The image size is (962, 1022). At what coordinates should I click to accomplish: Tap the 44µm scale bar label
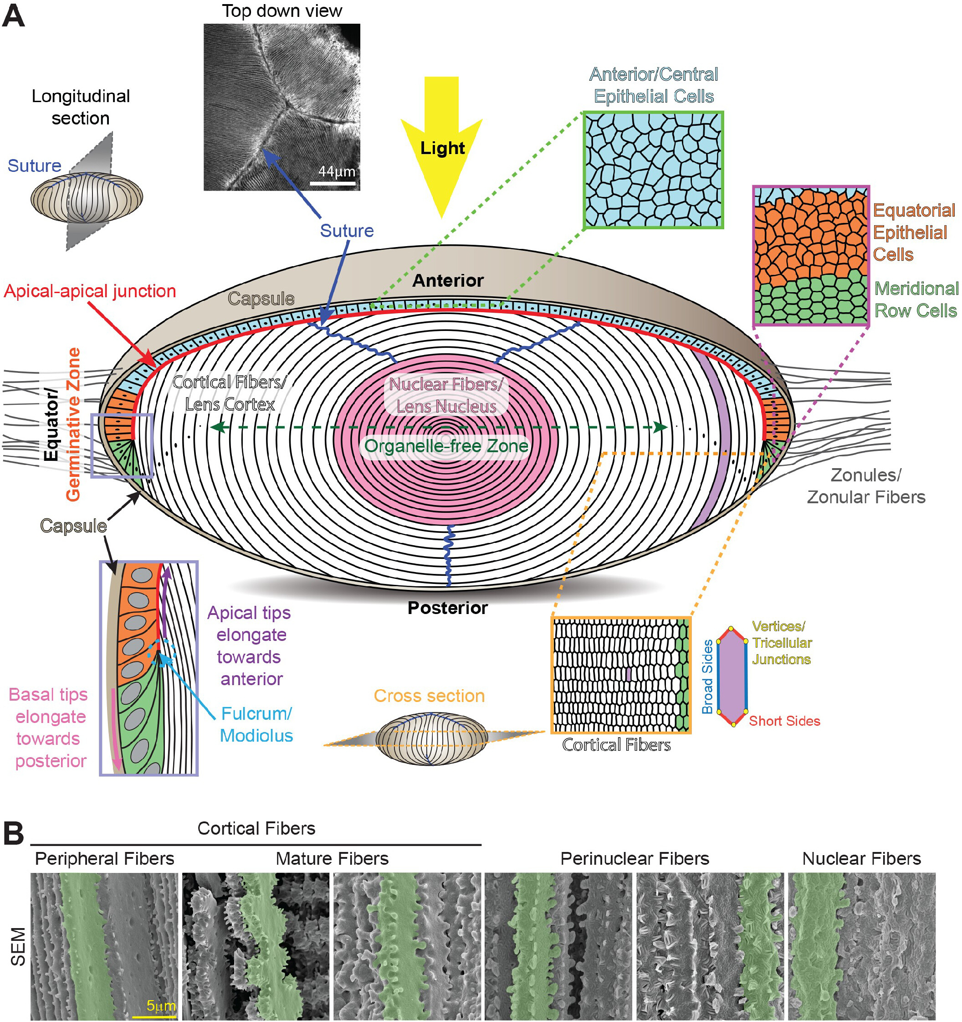pos(337,171)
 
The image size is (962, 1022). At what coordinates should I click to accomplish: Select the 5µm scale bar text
pos(161,1005)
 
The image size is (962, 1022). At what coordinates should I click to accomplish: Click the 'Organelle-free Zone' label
pos(446,446)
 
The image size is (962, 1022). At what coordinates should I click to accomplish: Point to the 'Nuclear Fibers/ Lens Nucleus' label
pos(446,395)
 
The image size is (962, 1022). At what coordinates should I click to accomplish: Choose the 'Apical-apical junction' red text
pos(90,291)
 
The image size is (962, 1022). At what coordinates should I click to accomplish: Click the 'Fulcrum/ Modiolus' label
pos(256,724)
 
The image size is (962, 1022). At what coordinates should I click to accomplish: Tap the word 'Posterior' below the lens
pos(447,608)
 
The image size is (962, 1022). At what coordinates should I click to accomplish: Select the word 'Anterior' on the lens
pos(448,280)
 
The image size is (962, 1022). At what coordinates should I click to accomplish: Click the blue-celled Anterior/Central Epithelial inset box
pos(653,170)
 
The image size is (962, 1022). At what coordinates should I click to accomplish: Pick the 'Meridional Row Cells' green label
pos(916,299)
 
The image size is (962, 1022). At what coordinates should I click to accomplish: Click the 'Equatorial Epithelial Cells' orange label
pos(914,232)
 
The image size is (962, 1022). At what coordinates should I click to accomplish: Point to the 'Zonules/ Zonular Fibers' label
pos(866,486)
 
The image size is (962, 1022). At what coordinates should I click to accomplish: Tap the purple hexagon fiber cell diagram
pos(732,676)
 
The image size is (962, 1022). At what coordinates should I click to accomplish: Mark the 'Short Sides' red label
pos(784,721)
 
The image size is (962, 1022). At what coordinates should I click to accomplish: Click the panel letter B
pos(14,833)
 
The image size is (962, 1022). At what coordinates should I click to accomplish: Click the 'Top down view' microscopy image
pos(282,107)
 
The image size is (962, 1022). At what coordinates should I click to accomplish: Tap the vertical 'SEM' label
pos(19,946)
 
